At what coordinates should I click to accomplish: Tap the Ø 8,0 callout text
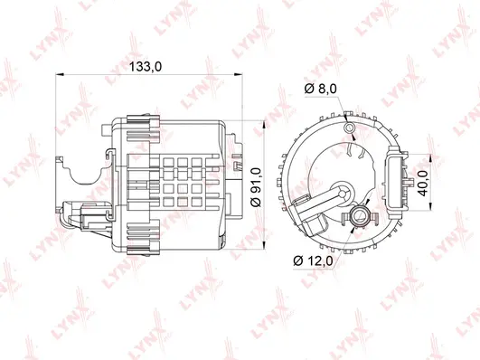tap(320, 88)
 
